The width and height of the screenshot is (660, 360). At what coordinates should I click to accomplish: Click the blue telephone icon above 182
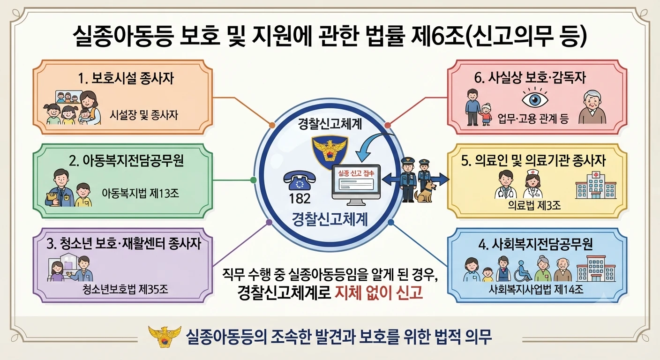[x=300, y=180]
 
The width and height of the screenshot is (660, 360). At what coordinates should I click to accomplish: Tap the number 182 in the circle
[x=300, y=199]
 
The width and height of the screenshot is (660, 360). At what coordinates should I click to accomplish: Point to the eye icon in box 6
[x=535, y=99]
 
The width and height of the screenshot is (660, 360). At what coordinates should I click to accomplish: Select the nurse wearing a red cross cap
[x=533, y=183]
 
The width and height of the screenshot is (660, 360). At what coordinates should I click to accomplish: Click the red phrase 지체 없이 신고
[x=379, y=293]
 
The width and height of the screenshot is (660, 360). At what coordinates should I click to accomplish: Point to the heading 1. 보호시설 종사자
[x=126, y=79]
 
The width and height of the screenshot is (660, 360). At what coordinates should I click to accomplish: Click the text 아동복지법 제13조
[x=140, y=194]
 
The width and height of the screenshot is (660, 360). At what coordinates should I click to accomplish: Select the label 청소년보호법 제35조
[x=126, y=290]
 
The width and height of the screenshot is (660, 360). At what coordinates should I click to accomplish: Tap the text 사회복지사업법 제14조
[x=536, y=290]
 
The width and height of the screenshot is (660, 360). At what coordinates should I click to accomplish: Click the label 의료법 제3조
[x=534, y=205]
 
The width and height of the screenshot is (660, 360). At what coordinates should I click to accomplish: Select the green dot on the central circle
[x=253, y=180]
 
